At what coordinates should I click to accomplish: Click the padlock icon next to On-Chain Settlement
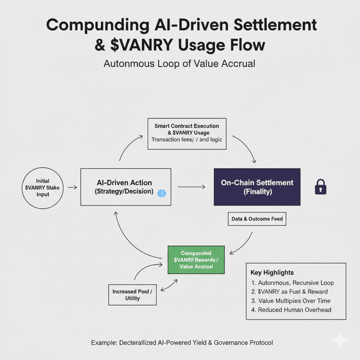tap(320, 187)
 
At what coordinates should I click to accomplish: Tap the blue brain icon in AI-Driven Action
tap(161, 192)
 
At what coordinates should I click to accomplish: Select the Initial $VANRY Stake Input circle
tap(43, 187)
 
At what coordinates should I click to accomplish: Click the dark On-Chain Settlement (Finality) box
tap(257, 187)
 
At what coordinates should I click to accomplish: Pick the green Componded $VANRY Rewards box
tap(196, 260)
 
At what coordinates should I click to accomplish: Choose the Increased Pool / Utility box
tap(133, 294)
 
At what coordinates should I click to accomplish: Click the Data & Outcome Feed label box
tap(257, 219)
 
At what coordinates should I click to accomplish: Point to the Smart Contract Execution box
tap(187, 133)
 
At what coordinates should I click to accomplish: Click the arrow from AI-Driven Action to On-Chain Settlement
tap(191, 187)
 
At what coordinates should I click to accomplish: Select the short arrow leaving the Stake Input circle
tap(73, 187)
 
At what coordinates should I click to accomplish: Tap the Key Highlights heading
tap(272, 273)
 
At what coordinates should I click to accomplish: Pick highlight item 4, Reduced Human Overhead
tap(294, 310)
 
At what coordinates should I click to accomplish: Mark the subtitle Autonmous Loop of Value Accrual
tap(179, 63)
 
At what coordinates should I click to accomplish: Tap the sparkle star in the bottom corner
tap(340, 340)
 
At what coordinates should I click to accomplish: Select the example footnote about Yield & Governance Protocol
tap(182, 343)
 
